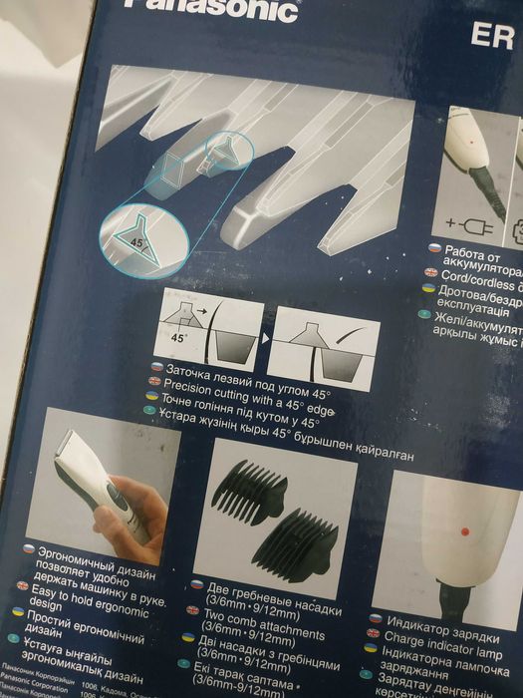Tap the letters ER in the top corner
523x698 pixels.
pos(491,37)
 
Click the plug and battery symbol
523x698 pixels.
pos(464,223)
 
